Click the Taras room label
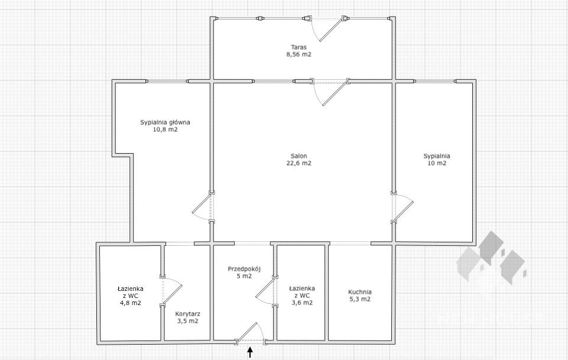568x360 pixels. tap(299, 47)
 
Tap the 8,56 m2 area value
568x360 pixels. tap(299, 54)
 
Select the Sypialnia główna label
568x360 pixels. tap(165, 122)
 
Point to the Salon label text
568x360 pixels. tap(299, 156)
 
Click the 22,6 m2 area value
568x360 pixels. tap(299, 163)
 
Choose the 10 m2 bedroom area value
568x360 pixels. tap(437, 163)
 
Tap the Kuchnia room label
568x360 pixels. tap(360, 292)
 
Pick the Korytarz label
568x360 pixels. tap(187, 314)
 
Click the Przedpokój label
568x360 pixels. tap(244, 269)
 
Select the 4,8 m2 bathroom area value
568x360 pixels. tap(131, 303)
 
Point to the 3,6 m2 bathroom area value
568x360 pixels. tap(302, 303)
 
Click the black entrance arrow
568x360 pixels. tap(250, 352)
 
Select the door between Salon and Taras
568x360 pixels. tap(330, 93)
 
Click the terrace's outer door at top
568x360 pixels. tap(326, 28)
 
